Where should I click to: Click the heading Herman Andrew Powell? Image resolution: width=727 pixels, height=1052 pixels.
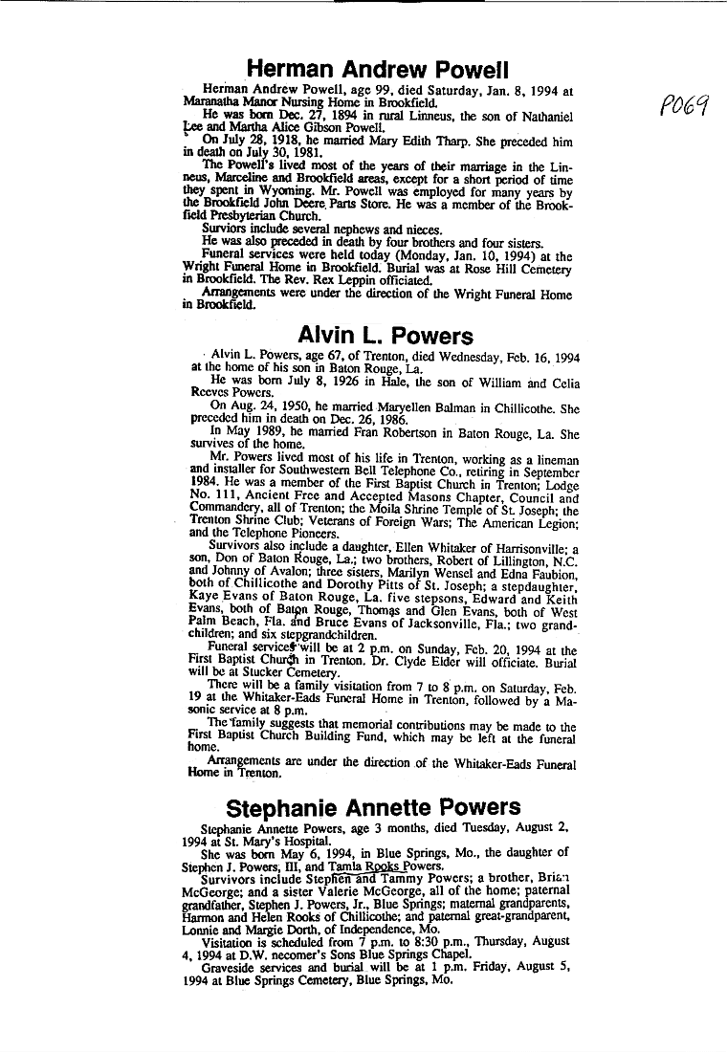click(377, 69)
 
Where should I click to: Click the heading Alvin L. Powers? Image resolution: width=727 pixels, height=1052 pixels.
click(386, 336)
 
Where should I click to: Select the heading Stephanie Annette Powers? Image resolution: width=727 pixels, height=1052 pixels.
click(374, 807)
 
